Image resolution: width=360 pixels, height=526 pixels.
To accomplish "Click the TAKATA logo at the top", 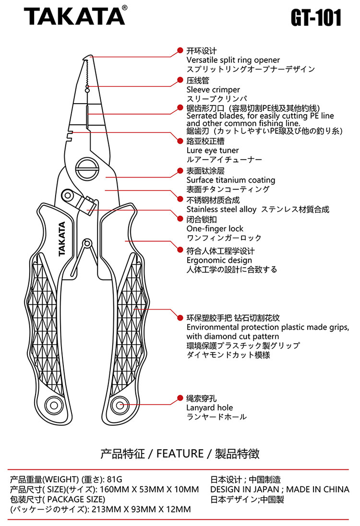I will pos(74,17).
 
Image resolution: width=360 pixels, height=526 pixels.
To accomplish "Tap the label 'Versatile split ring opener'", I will pos(233,60).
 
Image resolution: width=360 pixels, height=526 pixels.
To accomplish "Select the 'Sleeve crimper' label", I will pos(213,90).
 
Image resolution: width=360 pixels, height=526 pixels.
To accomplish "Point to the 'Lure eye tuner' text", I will pos(212,150).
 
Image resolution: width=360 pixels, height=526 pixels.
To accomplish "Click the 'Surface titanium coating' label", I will pos(230,180).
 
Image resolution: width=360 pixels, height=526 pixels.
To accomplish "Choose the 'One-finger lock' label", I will pos(215,228).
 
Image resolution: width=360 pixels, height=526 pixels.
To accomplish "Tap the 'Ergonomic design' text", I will pos(219,260).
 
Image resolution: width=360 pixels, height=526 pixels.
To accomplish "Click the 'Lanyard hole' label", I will pos(209,407).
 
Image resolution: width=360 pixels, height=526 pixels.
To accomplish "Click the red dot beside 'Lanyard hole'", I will pos(180,398).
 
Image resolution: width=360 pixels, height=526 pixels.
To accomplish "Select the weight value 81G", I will pos(115,479).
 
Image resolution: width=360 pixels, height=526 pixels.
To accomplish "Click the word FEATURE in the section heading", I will pos(180,453).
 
